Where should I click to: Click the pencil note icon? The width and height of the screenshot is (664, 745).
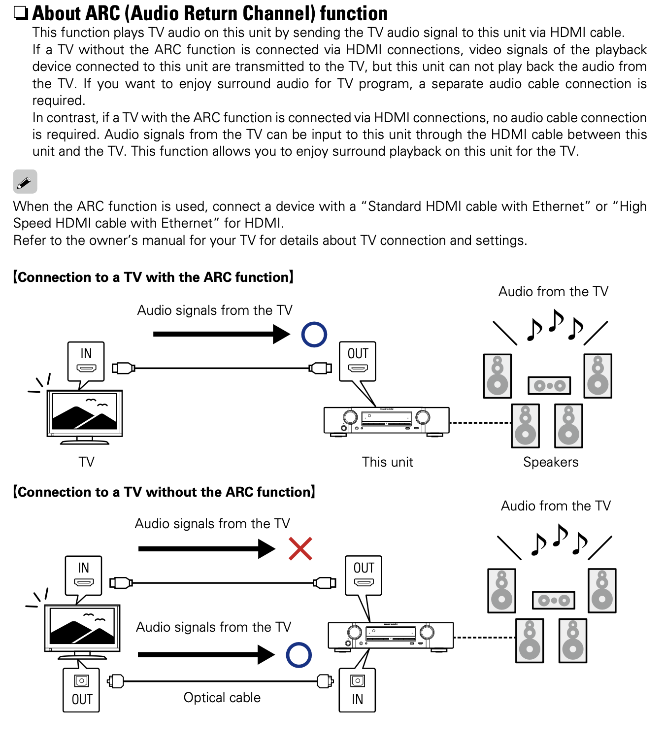click(25, 182)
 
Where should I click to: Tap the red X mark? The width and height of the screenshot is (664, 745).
click(300, 549)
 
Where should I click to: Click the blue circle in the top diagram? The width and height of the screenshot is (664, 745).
click(314, 335)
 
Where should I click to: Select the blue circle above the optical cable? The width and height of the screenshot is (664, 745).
click(299, 655)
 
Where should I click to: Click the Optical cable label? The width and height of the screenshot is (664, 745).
click(222, 698)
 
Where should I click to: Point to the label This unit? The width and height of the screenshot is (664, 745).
click(387, 462)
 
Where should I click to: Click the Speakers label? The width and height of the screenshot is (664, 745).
click(551, 462)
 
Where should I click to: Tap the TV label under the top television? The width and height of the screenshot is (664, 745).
click(86, 462)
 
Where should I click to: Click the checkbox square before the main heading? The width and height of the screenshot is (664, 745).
click(21, 13)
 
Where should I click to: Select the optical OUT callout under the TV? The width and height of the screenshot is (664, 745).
click(81, 690)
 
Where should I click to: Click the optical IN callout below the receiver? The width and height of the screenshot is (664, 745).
click(357, 690)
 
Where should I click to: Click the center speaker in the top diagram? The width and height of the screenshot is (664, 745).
click(549, 385)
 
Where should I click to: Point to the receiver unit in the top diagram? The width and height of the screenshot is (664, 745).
click(387, 420)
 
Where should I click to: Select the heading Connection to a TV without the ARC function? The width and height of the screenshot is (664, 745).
click(164, 492)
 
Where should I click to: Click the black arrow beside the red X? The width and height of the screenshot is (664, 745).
click(207, 549)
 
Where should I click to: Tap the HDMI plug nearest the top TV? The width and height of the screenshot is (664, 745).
click(123, 368)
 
